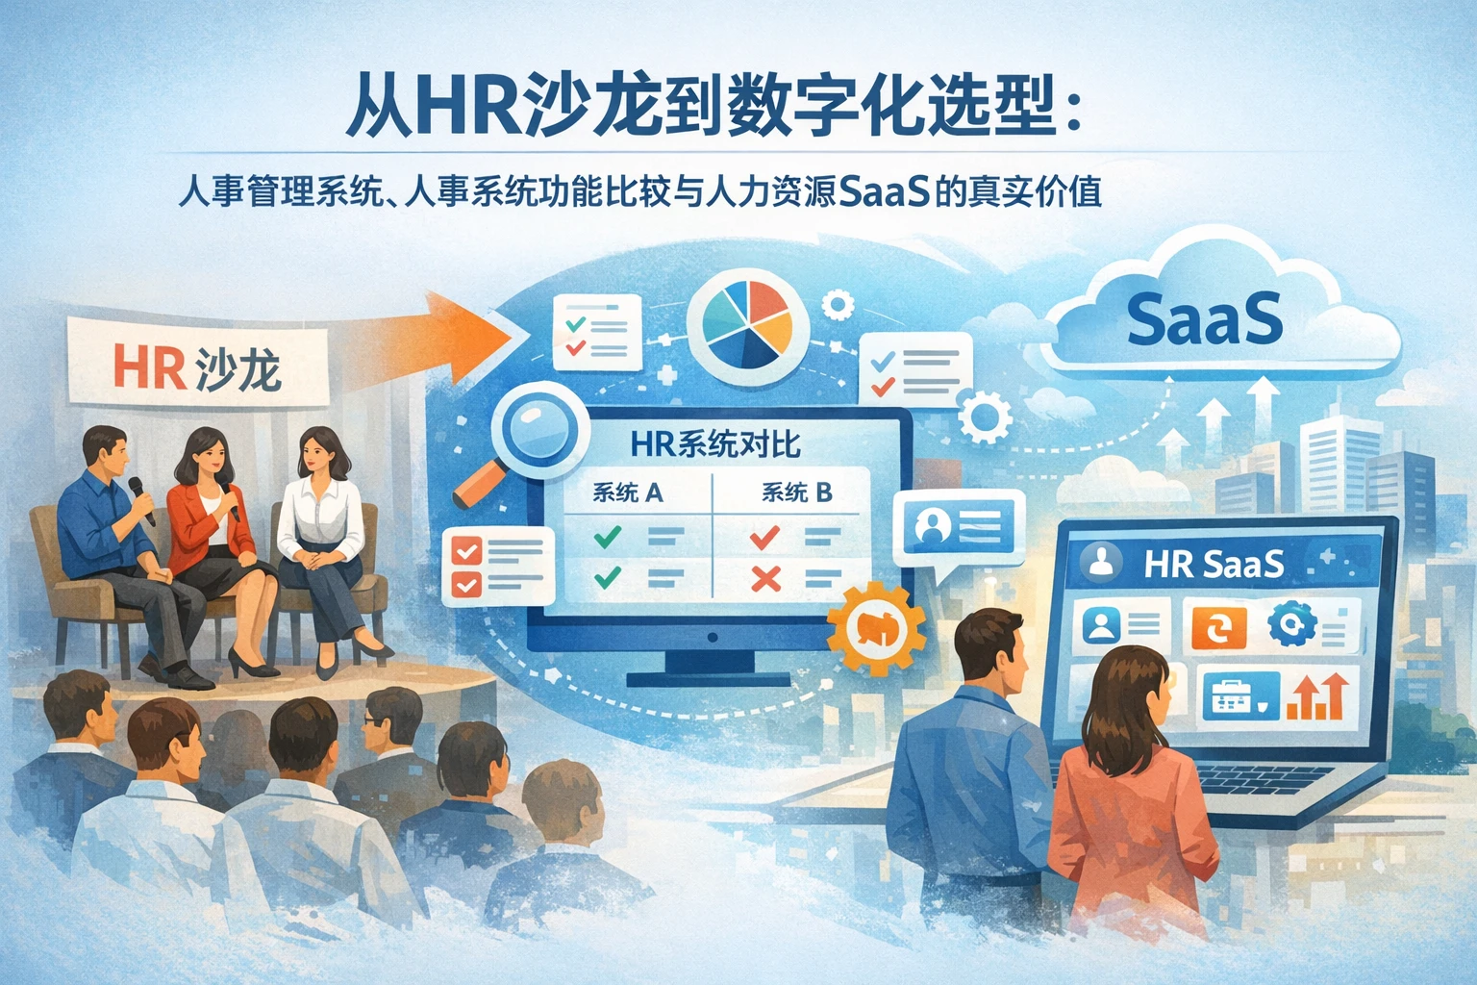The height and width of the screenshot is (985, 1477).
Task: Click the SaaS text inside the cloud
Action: (x=1204, y=318)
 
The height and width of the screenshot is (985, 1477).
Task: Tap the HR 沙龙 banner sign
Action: (x=198, y=361)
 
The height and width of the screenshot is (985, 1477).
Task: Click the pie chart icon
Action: (x=747, y=320)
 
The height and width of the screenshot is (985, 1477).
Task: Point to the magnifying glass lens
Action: (x=538, y=427)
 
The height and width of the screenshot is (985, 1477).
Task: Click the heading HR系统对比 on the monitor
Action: (x=714, y=444)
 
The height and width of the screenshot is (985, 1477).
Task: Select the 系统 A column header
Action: (x=627, y=492)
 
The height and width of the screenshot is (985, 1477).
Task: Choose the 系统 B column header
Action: (x=796, y=492)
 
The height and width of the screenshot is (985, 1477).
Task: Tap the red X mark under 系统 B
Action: (x=766, y=579)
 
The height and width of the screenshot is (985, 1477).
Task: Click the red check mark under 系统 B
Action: (x=764, y=537)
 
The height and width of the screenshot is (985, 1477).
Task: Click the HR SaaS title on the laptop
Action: (x=1214, y=564)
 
